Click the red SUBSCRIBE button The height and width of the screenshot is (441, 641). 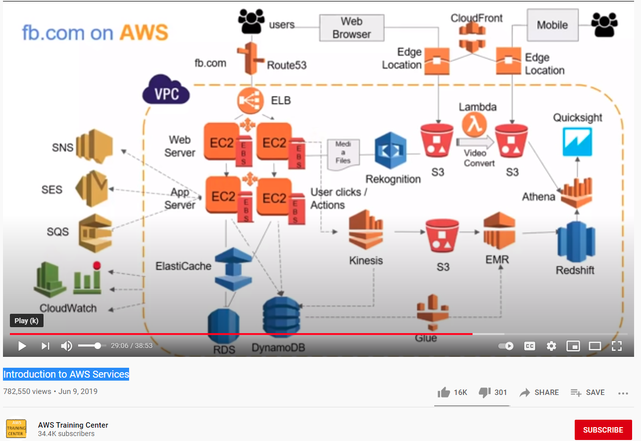coord(603,430)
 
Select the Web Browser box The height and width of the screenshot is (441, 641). coord(352,28)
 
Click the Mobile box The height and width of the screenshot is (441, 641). coord(552,25)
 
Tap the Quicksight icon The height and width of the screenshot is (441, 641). coord(577,142)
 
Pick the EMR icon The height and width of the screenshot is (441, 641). coord(499,231)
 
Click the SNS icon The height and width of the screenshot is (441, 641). coord(94,147)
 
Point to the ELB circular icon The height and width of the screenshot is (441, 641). coord(251,101)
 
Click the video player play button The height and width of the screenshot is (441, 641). coord(22,346)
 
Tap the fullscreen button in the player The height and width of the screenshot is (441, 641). coord(616,346)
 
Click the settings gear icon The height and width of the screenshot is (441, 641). coord(551,346)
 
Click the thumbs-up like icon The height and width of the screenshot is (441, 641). coord(444,392)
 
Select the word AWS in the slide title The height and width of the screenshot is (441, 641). coord(144,32)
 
